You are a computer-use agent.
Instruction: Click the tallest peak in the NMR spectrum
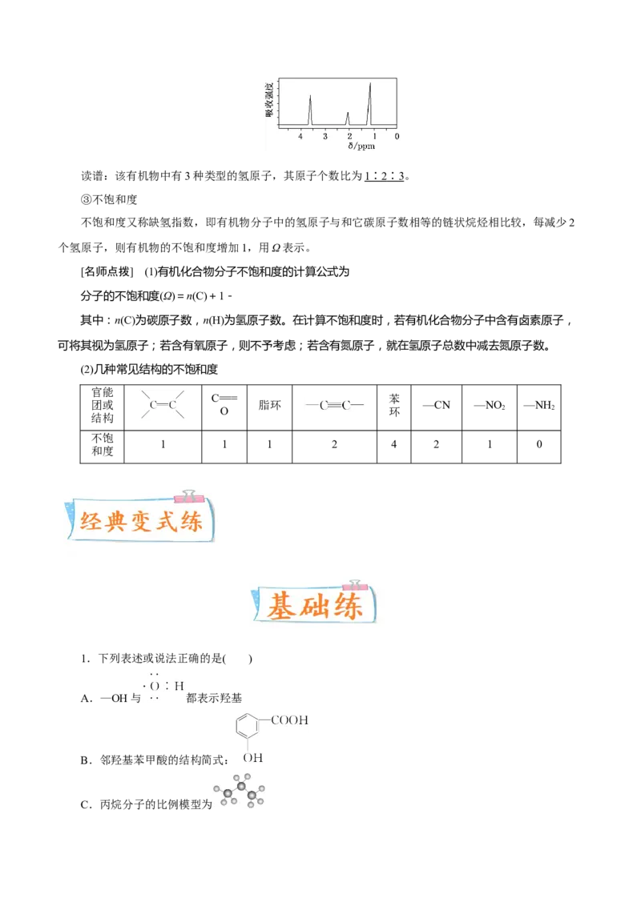[370, 104]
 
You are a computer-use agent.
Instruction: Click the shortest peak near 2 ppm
[348, 118]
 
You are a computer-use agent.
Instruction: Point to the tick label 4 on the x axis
[300, 136]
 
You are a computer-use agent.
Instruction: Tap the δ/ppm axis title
[361, 146]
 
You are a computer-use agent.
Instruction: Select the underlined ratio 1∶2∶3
[384, 176]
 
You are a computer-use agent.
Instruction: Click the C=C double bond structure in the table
[163, 405]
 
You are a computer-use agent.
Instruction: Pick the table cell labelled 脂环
[269, 406]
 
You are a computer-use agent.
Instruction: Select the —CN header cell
[436, 406]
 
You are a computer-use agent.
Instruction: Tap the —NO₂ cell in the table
[490, 406]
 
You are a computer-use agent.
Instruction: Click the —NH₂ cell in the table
[539, 406]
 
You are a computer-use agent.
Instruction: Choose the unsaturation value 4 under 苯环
[394, 444]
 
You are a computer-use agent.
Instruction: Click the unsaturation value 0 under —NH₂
[539, 444]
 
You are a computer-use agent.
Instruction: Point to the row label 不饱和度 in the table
[103, 444]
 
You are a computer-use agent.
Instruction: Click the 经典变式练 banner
[140, 519]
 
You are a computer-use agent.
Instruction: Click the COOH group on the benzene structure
[289, 720]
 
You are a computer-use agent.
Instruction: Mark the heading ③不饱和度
[109, 200]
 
